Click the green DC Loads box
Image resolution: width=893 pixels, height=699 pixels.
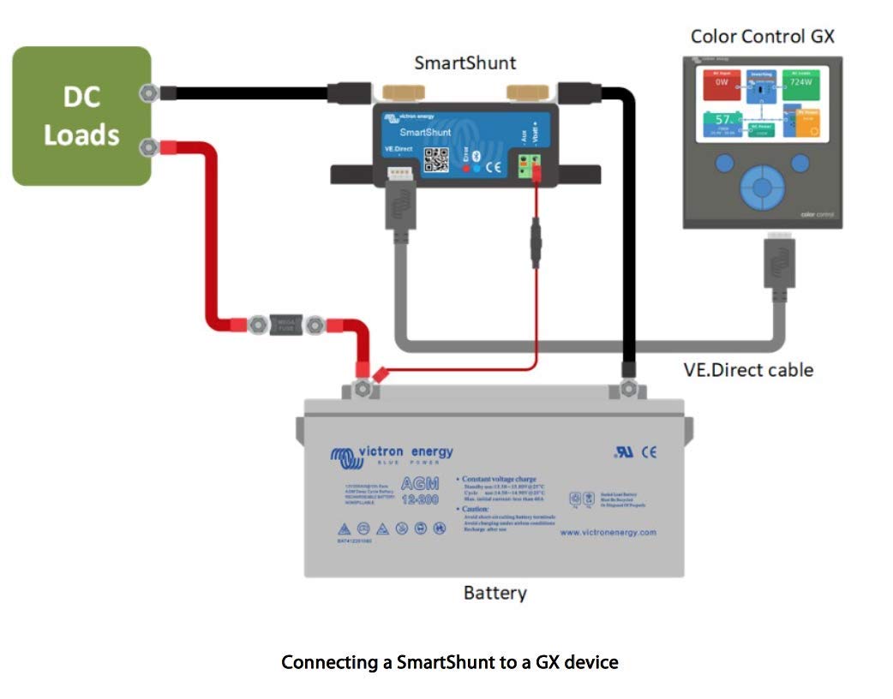tap(81, 116)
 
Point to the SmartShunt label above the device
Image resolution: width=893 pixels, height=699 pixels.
tap(465, 63)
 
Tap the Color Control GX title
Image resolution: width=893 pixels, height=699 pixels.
tap(762, 36)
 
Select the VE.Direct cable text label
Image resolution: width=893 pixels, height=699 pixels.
tap(748, 370)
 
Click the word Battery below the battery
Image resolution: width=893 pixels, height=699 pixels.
tap(494, 593)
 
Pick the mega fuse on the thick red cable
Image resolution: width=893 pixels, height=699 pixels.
tap(286, 325)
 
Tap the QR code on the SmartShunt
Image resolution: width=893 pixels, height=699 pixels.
tap(437, 160)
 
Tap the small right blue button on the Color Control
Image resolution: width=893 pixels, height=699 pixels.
tap(800, 164)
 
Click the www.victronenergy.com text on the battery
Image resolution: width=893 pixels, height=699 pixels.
tap(608, 532)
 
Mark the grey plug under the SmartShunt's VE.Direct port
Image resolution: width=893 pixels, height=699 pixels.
tap(399, 208)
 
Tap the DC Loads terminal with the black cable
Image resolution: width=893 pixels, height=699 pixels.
tap(150, 93)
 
